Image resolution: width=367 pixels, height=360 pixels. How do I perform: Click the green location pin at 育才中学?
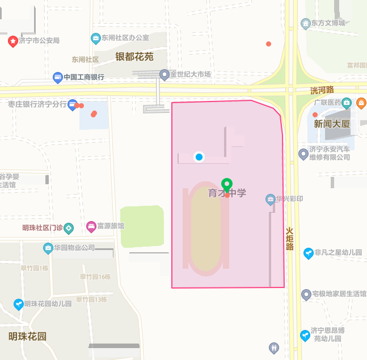227,185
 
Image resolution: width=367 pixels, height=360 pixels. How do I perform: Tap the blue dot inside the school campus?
199,157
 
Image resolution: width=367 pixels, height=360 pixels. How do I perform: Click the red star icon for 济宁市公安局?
12,41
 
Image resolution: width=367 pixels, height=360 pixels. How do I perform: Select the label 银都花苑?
134,57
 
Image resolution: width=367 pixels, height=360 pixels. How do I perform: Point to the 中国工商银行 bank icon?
57,77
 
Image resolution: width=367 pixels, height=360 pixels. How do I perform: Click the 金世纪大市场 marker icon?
164,74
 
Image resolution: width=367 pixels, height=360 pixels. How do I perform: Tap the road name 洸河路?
322,90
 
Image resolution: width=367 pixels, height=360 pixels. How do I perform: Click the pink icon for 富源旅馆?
91,226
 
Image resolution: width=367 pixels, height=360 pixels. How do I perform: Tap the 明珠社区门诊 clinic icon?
69,228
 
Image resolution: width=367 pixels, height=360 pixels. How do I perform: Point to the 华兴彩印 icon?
271,199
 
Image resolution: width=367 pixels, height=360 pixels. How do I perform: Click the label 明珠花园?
27,336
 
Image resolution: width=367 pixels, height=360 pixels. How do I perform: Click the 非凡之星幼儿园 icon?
308,252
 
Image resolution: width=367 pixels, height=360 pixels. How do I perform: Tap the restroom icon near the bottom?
275,347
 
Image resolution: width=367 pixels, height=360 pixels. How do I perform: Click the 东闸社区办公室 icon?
96,38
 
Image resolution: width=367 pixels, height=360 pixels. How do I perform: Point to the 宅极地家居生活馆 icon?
306,294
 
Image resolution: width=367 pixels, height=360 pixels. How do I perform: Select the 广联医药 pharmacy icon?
346,103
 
